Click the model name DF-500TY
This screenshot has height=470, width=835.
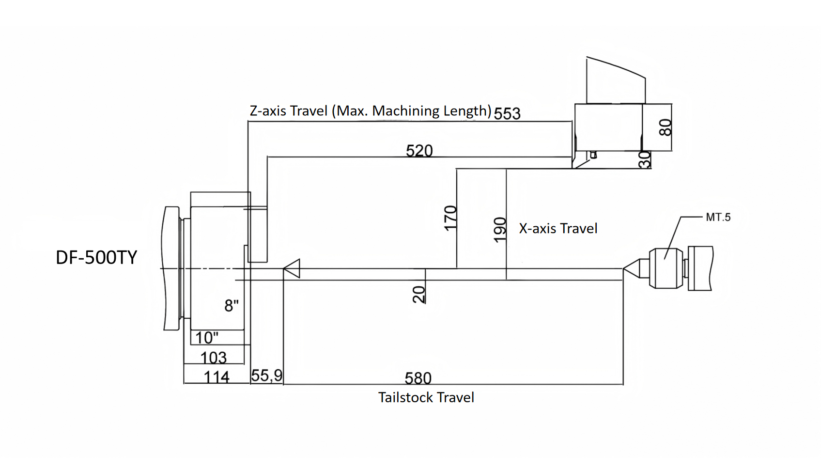tap(96, 257)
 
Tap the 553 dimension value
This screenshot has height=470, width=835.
tap(507, 113)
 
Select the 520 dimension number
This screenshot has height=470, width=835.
tap(419, 151)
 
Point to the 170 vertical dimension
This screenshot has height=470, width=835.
tap(450, 218)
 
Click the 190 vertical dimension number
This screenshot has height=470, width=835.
tap(500, 229)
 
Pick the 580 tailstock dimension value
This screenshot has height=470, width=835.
tap(418, 378)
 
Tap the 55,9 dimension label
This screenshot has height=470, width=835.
tap(267, 376)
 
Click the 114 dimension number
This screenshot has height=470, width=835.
tap(216, 377)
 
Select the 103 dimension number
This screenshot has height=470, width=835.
tap(213, 358)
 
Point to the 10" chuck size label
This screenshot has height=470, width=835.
tap(207, 337)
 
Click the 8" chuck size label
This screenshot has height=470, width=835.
tap(232, 306)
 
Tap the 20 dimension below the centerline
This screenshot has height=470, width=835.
tap(419, 294)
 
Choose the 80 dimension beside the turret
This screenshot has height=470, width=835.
tap(665, 127)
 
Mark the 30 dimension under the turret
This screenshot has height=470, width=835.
tap(645, 159)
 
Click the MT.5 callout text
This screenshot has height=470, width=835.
tap(718, 217)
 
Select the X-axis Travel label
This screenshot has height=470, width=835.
tap(558, 228)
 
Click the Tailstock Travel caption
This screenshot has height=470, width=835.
tap(426, 397)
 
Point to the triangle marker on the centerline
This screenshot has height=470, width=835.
tap(293, 268)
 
